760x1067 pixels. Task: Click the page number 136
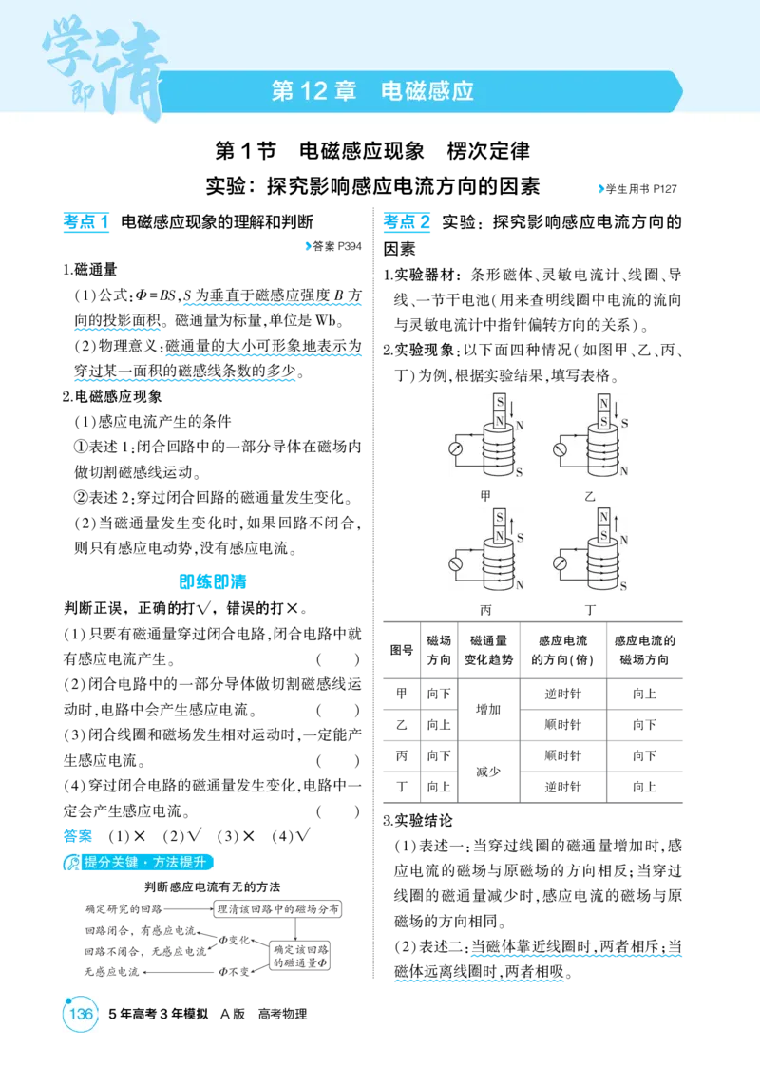(x=81, y=1014)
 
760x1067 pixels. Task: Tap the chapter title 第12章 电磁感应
(x=372, y=91)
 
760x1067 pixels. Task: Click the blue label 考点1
(x=85, y=221)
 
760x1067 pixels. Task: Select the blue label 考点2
(x=407, y=221)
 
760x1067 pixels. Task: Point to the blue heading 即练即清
(x=212, y=581)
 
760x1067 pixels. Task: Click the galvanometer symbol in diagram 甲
(x=455, y=449)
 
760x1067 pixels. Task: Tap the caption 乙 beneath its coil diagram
(x=589, y=497)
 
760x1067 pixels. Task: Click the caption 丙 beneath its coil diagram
(x=485, y=610)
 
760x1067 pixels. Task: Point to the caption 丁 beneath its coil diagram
(x=589, y=610)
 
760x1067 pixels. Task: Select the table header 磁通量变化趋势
(x=488, y=651)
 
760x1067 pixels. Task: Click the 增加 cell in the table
(x=488, y=709)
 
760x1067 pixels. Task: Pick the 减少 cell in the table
(x=488, y=771)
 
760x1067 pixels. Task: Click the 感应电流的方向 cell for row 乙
(x=562, y=725)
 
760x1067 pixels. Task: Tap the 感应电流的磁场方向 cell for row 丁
(x=644, y=787)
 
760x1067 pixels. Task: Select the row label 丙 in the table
(x=402, y=755)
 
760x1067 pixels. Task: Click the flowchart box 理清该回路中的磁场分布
(x=277, y=909)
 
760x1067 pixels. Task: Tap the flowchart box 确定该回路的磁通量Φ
(x=300, y=956)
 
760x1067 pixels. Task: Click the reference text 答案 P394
(x=333, y=246)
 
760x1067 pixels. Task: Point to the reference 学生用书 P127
(x=637, y=189)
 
